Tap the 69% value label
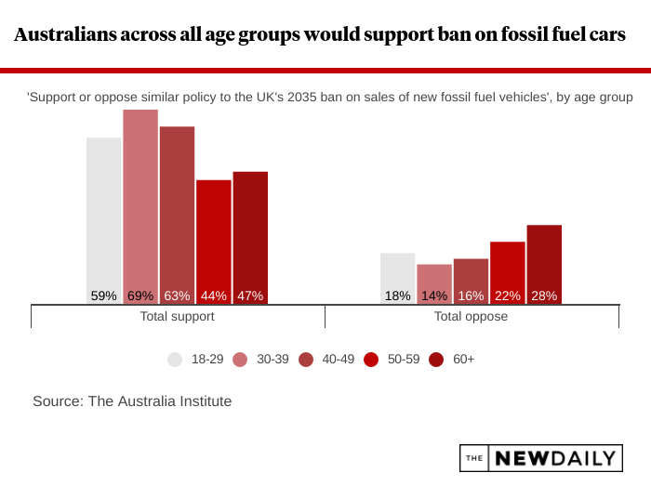pos(139,296)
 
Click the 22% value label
pos(507,296)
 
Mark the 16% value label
pos(471,296)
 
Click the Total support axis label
pos(177,316)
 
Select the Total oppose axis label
pos(471,316)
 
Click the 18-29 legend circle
pos(175,359)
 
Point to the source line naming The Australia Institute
pos(132,401)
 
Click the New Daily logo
pos(539,457)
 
